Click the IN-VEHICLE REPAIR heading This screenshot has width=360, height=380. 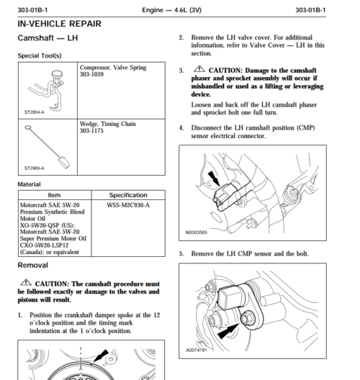tap(58, 24)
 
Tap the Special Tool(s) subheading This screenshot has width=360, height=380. tap(43, 55)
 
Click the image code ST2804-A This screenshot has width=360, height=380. tap(34, 112)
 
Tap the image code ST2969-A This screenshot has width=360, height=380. tap(34, 168)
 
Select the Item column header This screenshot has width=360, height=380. tap(54, 195)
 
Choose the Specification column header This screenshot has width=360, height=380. tap(128, 195)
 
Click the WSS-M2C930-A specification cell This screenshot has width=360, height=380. tap(128, 205)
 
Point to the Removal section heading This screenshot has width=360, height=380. tap(33, 266)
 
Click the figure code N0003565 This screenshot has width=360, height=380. tap(195, 232)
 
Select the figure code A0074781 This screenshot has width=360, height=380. tap(196, 350)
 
